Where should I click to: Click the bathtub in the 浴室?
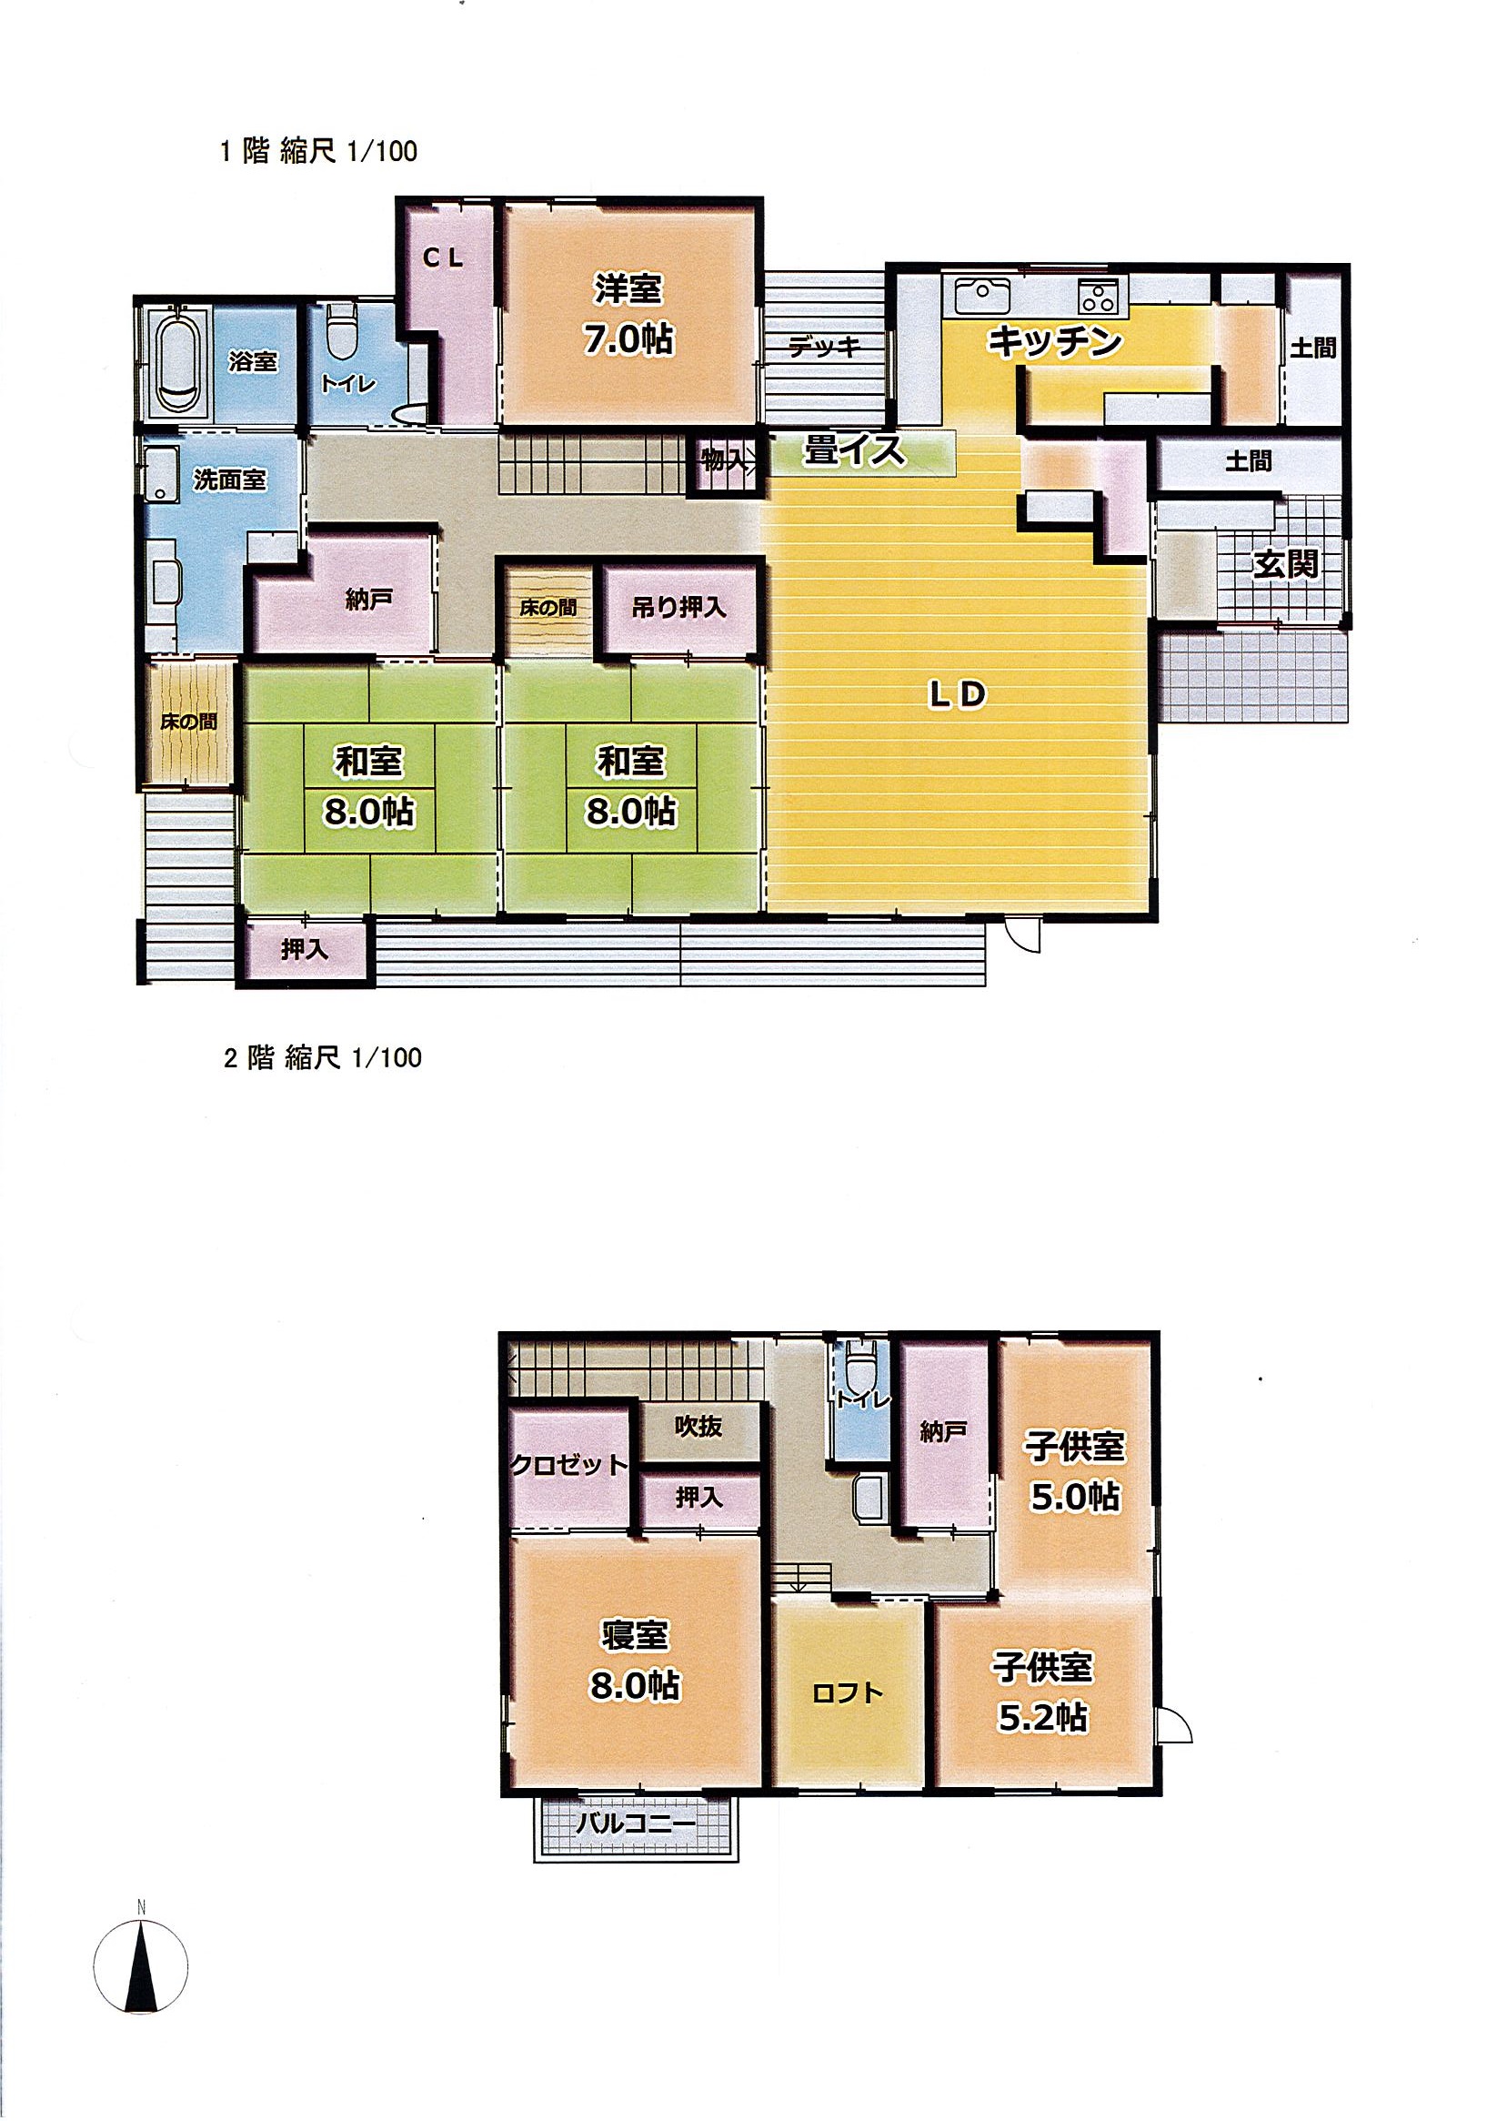[178, 361]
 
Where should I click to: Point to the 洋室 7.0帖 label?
[628, 314]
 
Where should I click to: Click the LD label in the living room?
[958, 694]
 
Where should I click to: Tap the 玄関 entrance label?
[1284, 563]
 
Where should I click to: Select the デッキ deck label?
[825, 347]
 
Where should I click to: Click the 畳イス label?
[853, 450]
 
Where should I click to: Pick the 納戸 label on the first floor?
[368, 600]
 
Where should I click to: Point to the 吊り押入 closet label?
[678, 607]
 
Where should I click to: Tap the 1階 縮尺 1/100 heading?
[318, 150]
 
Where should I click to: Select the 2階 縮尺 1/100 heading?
[322, 1057]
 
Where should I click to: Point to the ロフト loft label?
[847, 1692]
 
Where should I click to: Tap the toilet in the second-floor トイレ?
[860, 1369]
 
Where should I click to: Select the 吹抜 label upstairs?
[698, 1426]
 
